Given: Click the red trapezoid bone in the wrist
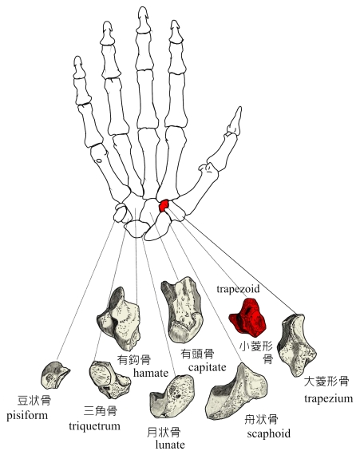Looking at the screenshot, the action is pos(164,206).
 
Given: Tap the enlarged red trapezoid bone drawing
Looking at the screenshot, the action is pos(247,317).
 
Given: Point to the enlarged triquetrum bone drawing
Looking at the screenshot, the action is pos(109,380).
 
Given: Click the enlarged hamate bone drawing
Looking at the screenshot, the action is pos(118,319).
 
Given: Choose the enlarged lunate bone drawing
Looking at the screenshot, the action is pos(172,397).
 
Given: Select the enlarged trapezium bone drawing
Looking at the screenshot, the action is pos(297,345).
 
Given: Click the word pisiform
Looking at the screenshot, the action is pos(27,416).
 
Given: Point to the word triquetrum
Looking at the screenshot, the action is pos(94,426).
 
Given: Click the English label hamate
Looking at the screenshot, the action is pos(151,373).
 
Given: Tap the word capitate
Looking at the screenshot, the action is pos(208,367).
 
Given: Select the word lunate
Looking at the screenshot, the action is pos(170,445).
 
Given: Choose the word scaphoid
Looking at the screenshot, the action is pos(269,433).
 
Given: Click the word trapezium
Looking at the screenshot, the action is pos(328,399).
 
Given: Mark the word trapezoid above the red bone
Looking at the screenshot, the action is pos(238,289).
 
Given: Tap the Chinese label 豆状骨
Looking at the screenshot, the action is pos(34,401).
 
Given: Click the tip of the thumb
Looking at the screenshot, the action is pos(239,108).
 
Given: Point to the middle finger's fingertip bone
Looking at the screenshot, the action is pos(143,19).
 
